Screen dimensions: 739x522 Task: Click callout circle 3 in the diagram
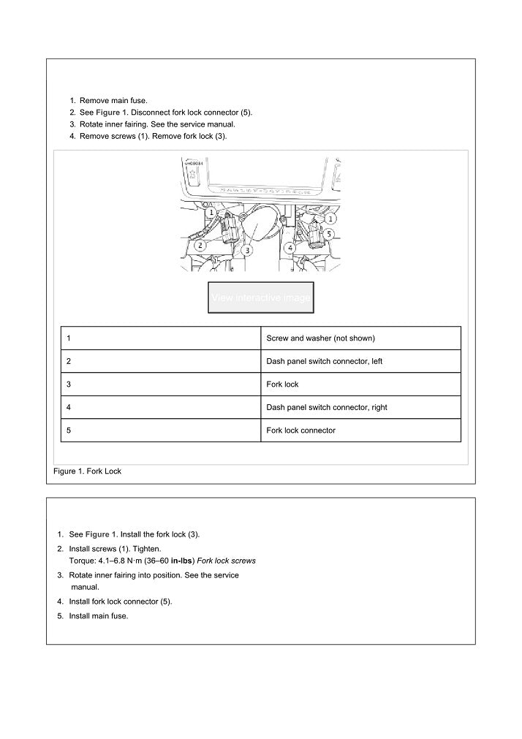click(x=248, y=249)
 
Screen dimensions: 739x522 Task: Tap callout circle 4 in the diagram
click(x=291, y=249)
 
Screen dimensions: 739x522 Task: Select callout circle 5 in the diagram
click(x=330, y=234)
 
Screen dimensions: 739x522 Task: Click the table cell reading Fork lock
click(x=283, y=384)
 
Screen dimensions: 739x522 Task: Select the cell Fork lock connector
click(x=300, y=431)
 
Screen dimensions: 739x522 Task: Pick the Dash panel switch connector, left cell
click(x=319, y=361)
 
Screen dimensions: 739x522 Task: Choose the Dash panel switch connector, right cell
click(x=326, y=407)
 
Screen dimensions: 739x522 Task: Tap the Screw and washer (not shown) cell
click(x=320, y=338)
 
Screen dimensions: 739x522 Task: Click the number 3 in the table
click(x=68, y=384)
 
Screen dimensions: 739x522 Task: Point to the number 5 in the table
click(x=68, y=431)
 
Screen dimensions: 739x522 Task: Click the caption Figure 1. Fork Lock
click(x=88, y=471)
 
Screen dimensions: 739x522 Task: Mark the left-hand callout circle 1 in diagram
click(x=210, y=213)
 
